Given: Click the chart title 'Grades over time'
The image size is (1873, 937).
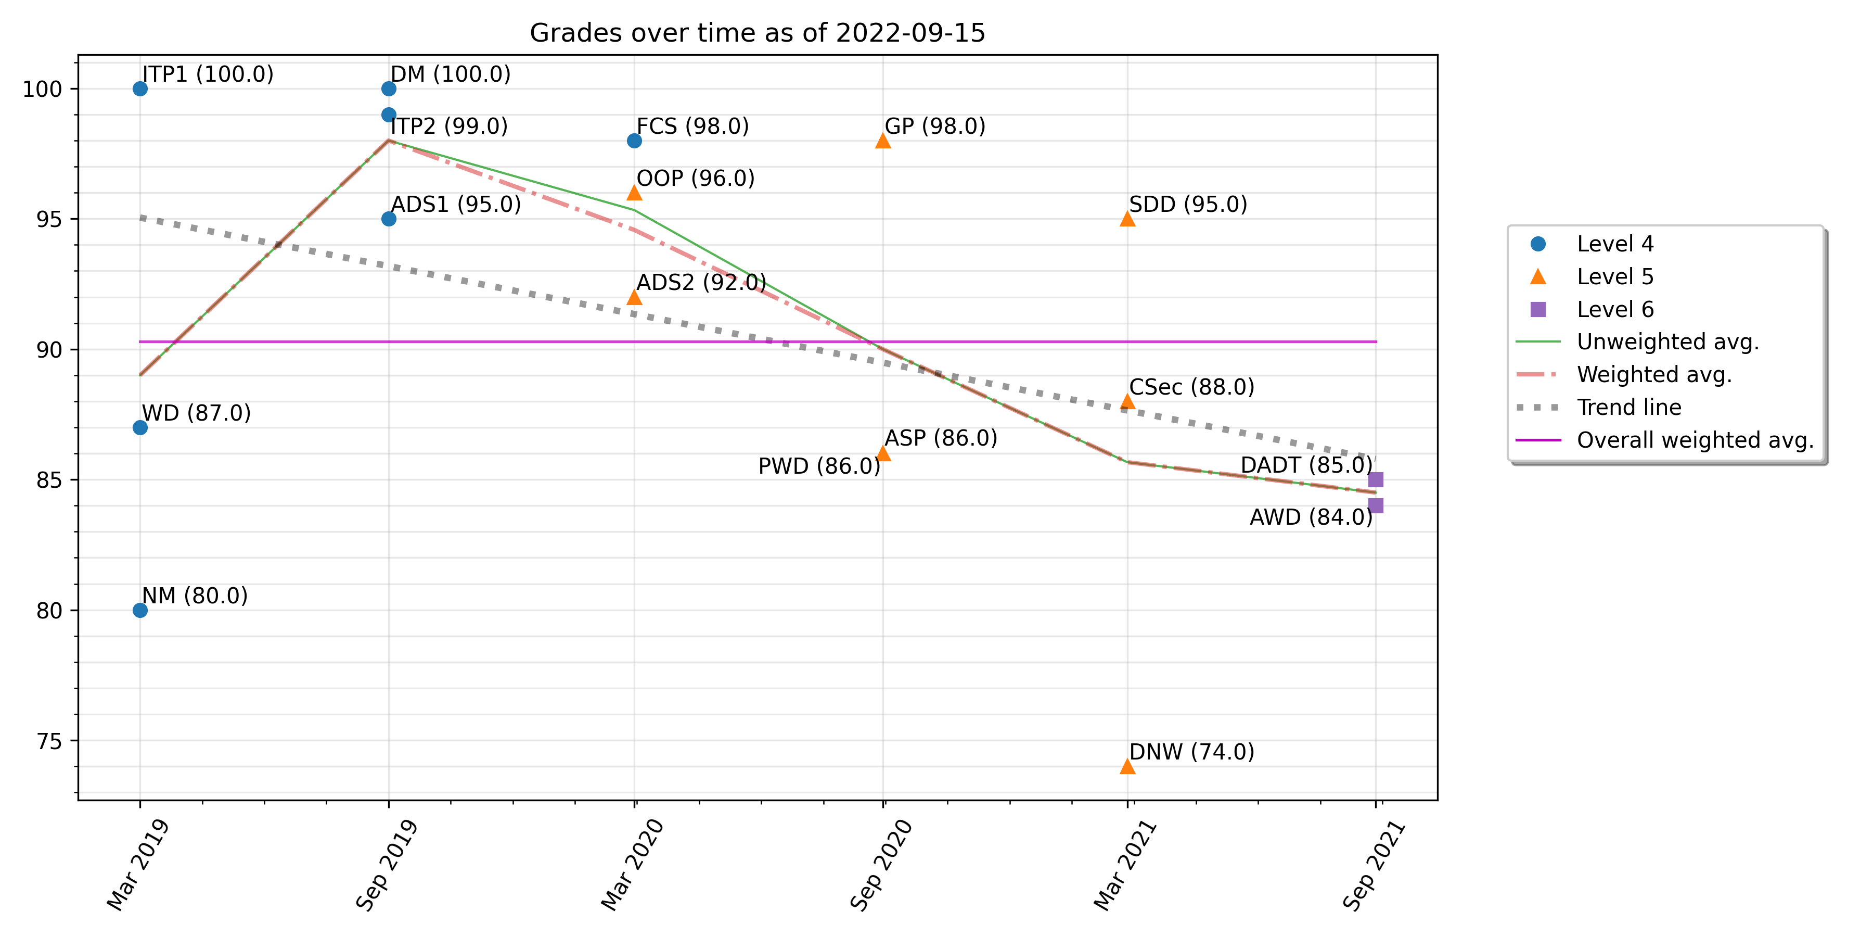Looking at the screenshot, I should point(757,33).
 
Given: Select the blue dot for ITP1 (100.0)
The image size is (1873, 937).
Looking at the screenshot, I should point(140,88).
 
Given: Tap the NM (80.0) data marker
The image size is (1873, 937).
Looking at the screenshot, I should point(140,611).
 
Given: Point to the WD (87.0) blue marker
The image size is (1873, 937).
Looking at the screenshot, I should point(140,428).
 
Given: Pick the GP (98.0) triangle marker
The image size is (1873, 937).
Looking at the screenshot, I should point(883,141).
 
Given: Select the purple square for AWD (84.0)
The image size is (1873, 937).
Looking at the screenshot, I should point(1375,505).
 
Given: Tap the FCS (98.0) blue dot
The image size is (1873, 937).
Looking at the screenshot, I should point(634,141).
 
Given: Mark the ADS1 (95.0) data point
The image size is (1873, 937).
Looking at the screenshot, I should point(389,219).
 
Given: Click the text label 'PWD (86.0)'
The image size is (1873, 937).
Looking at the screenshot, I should point(819,466).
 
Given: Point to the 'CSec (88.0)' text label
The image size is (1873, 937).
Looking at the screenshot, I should point(1191,387).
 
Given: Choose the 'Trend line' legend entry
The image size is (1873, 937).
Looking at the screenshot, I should point(1628,408).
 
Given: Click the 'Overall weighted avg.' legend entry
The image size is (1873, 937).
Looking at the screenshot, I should point(1694,440).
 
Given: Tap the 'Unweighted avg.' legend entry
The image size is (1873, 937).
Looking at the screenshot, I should point(1667,342).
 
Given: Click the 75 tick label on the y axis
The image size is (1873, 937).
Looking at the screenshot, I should point(49,741).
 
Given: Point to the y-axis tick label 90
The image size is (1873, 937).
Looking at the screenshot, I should point(49,350).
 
